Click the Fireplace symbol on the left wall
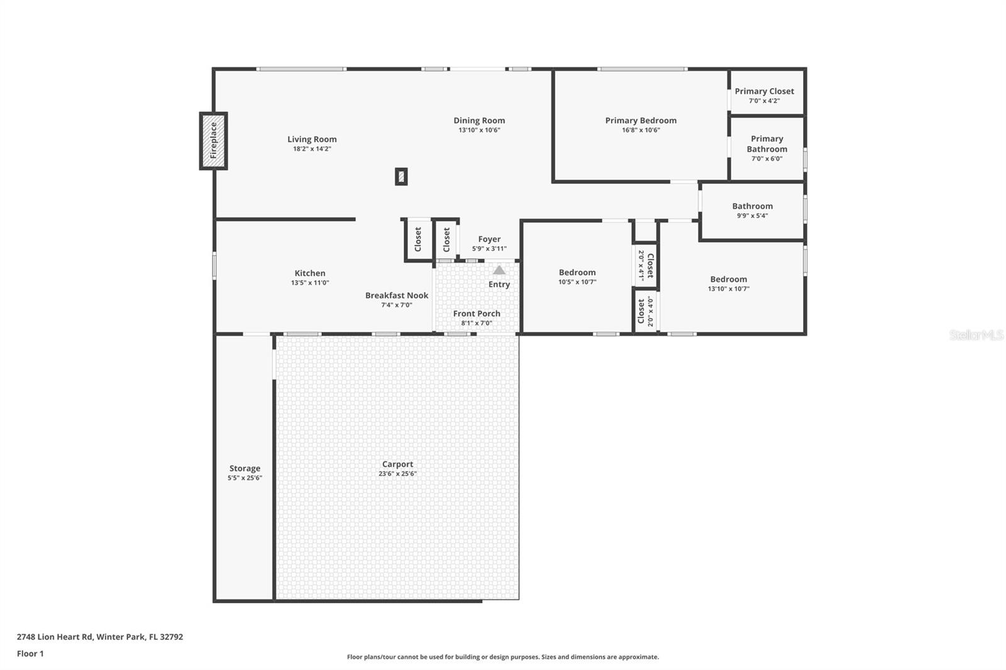click(x=213, y=141)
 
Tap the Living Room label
click(x=312, y=139)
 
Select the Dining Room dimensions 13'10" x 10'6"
click(x=479, y=130)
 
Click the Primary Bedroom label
click(x=641, y=120)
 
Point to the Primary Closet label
click(x=765, y=91)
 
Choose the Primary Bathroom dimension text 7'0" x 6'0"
click(x=767, y=158)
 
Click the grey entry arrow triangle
click(x=499, y=270)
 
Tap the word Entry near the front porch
click(x=499, y=284)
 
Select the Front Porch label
click(x=477, y=314)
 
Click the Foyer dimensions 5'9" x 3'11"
click(x=489, y=249)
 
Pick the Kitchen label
click(x=310, y=273)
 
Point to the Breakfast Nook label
click(x=397, y=295)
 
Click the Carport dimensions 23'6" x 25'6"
click(x=397, y=474)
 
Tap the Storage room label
click(x=245, y=468)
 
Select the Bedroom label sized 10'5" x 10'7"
click(x=577, y=273)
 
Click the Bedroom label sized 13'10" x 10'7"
click(x=729, y=279)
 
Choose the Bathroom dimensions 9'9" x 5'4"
click(x=752, y=216)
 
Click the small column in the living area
click(x=402, y=177)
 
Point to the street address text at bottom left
click(x=100, y=637)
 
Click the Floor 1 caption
click(x=31, y=654)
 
